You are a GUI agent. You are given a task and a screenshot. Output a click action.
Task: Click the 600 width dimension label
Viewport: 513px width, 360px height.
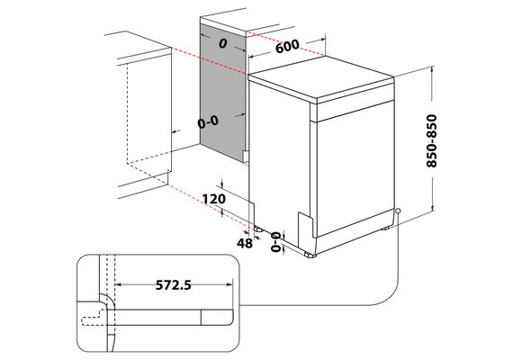[x=287, y=46]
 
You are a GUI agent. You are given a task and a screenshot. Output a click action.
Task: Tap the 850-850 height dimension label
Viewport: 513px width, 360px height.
[x=431, y=140]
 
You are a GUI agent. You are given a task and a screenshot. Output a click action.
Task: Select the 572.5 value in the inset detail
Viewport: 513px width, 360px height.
[x=173, y=285]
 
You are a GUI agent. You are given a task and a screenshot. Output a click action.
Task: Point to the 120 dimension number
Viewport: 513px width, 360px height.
[x=213, y=199]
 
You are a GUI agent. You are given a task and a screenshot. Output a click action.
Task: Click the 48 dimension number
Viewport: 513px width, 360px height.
[x=245, y=243]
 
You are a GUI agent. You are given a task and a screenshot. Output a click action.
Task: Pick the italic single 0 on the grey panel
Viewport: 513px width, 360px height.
[x=223, y=43]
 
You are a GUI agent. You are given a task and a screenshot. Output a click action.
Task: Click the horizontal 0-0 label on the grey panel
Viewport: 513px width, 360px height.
[x=208, y=122]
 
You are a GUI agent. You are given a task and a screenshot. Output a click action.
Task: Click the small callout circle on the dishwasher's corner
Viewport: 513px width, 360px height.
[x=398, y=211]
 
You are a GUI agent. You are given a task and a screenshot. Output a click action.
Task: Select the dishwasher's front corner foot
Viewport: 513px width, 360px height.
[x=310, y=255]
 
